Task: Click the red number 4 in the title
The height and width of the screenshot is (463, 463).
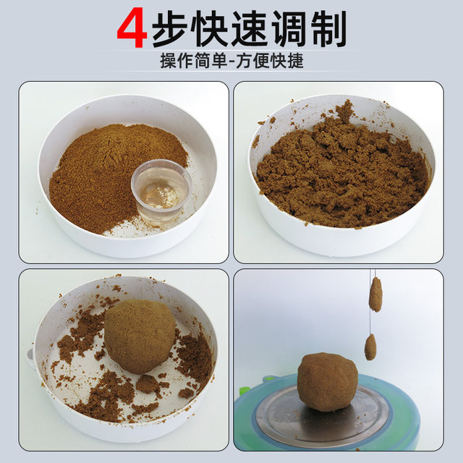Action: coord(132,27)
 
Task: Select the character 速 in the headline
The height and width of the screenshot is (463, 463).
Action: coord(250,28)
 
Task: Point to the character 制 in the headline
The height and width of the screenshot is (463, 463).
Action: coord(328,28)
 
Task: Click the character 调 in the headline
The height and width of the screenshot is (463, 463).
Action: coord(289,28)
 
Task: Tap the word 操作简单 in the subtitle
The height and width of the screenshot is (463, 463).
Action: coord(194,61)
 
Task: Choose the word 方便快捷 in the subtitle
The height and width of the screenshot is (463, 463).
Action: coord(270,61)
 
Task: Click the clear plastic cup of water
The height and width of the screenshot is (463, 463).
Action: coord(161,191)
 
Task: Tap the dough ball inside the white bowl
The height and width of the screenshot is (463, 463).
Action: coord(140,336)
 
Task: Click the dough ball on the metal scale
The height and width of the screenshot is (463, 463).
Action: coord(328,381)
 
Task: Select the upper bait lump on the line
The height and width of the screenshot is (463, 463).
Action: coord(375,294)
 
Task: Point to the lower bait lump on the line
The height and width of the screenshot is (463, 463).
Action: coord(370,347)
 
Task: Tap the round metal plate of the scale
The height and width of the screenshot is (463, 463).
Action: coord(322,413)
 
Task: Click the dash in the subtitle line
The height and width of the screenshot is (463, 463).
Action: coord(231,61)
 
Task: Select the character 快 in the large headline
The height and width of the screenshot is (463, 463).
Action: coord(210,28)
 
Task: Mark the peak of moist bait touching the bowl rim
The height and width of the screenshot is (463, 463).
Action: coord(345,110)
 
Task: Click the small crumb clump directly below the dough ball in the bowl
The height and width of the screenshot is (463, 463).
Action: coord(148,384)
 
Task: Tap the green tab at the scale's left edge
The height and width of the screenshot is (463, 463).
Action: coord(243,391)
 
